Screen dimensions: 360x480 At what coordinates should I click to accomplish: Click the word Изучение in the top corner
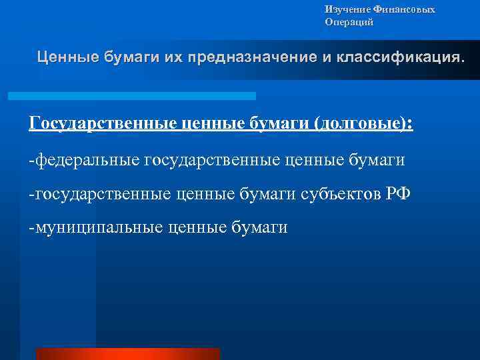click(343, 9)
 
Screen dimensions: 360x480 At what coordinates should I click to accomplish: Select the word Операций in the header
click(349, 22)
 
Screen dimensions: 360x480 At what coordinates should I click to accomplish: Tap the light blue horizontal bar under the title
click(131, 96)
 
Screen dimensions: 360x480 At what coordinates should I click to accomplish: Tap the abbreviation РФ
click(399, 194)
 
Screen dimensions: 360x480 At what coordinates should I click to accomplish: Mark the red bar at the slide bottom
click(127, 354)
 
